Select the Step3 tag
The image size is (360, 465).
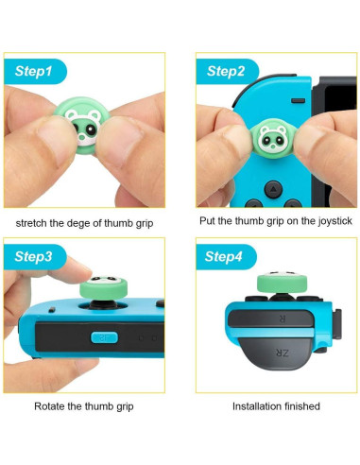point(41,257)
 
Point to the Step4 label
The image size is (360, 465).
point(226,257)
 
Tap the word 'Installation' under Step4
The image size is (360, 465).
point(256,405)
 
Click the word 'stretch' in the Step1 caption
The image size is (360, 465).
point(34,222)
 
